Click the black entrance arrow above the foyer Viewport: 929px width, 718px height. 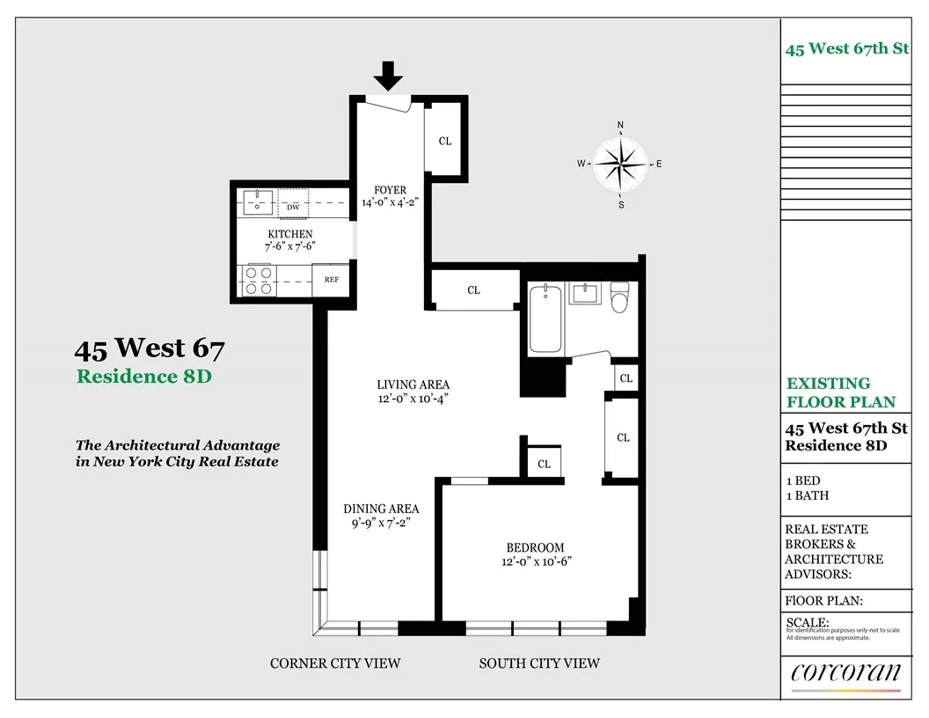click(388, 79)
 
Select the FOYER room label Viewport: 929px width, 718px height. click(390, 189)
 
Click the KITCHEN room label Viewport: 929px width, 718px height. click(290, 233)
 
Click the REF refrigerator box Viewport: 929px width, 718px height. click(332, 280)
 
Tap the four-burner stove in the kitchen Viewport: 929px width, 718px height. click(257, 281)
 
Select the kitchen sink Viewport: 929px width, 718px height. click(258, 203)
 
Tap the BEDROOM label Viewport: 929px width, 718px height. click(535, 546)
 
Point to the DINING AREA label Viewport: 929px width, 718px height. click(381, 509)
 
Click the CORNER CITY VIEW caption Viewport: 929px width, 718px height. click(335, 663)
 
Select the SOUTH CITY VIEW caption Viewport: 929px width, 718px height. click(539, 663)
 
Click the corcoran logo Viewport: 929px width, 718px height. click(845, 673)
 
